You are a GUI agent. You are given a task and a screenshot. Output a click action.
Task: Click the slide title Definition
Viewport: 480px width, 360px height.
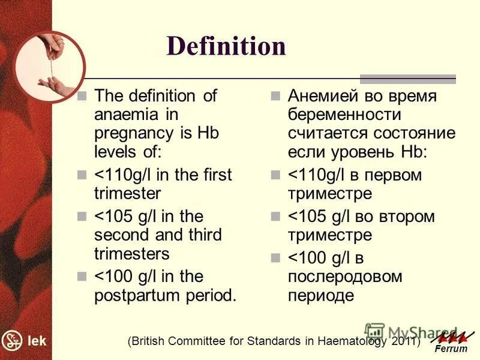(226, 46)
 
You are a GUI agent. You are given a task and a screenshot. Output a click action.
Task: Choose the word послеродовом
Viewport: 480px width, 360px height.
(345, 277)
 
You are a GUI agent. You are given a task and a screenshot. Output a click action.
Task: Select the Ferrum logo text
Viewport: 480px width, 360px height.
(451, 349)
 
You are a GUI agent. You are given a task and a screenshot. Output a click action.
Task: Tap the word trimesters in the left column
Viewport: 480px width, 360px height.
(132, 253)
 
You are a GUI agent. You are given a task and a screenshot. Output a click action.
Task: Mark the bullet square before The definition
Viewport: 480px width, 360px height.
(83, 96)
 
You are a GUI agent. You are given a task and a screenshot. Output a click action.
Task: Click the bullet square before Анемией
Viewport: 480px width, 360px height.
(276, 96)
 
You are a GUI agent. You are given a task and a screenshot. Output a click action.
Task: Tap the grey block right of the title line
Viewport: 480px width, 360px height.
(407, 79)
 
